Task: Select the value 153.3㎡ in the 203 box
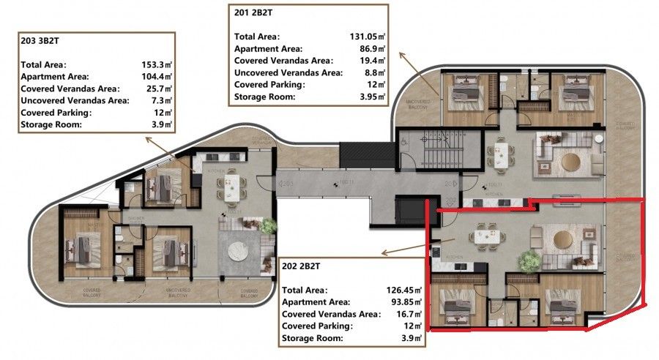157,64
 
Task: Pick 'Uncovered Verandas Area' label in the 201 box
288,72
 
